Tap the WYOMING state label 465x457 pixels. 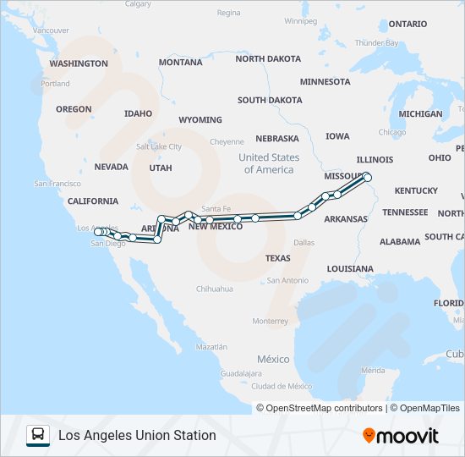click(x=200, y=120)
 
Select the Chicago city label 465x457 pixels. click(x=391, y=132)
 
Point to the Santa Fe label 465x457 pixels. click(x=216, y=208)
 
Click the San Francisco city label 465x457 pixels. click(x=57, y=184)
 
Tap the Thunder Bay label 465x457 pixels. click(x=376, y=42)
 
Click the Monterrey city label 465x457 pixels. click(x=271, y=322)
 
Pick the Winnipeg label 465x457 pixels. click(x=300, y=20)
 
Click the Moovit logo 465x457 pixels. click(x=401, y=436)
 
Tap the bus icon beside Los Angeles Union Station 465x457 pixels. click(x=38, y=436)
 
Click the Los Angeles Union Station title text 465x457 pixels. click(x=137, y=436)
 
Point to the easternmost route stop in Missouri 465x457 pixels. click(x=367, y=178)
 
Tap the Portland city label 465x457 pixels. click(x=56, y=84)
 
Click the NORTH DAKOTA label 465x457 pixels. click(x=268, y=59)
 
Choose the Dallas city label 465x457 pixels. click(x=304, y=242)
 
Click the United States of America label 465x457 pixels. click(x=269, y=163)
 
